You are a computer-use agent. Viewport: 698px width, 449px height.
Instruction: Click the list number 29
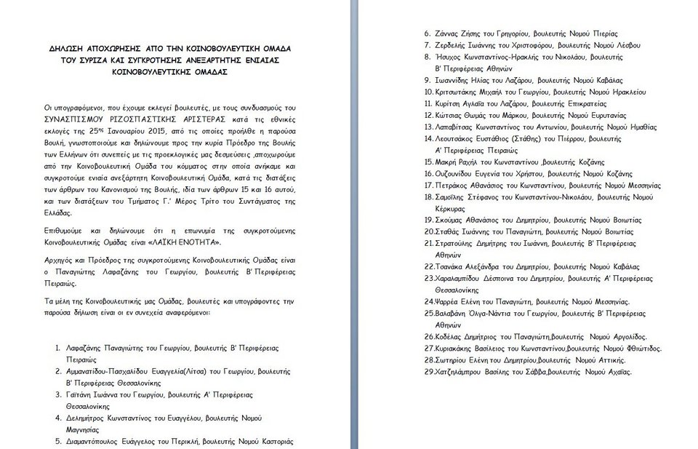(429, 372)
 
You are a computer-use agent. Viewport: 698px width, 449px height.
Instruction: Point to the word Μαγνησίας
(82, 430)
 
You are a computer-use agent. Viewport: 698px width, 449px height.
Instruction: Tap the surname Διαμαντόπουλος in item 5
(97, 442)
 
